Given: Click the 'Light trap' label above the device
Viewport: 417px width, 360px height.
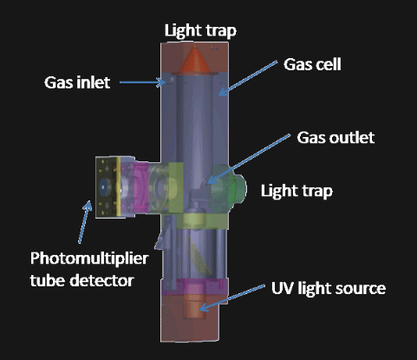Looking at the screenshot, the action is click(200, 30).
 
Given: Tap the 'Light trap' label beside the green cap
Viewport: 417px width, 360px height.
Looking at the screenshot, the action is click(296, 191).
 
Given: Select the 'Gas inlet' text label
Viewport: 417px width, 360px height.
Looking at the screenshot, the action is click(77, 82).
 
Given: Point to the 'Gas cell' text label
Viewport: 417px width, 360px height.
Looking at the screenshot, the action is click(312, 64).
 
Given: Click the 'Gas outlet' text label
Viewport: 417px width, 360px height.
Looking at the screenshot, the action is click(336, 138).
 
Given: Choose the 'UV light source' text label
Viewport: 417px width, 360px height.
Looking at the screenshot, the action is click(329, 289).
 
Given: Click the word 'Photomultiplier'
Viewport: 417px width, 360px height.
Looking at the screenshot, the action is click(89, 259).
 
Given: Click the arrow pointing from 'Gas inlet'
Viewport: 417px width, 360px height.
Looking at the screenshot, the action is click(142, 82).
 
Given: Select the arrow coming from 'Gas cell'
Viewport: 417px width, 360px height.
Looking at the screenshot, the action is click(248, 78).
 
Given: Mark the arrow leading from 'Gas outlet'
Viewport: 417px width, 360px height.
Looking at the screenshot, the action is click(249, 159).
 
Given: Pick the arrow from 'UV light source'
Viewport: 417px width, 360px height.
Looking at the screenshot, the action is click(232, 298).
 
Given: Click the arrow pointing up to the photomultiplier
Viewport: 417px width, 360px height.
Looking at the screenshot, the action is click(85, 222).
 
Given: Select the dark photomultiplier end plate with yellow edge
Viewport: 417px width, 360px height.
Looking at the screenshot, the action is click(108, 187).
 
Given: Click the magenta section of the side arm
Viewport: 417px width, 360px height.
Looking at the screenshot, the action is click(141, 187).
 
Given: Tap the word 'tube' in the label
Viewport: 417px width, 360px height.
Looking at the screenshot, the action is click(48, 281).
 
